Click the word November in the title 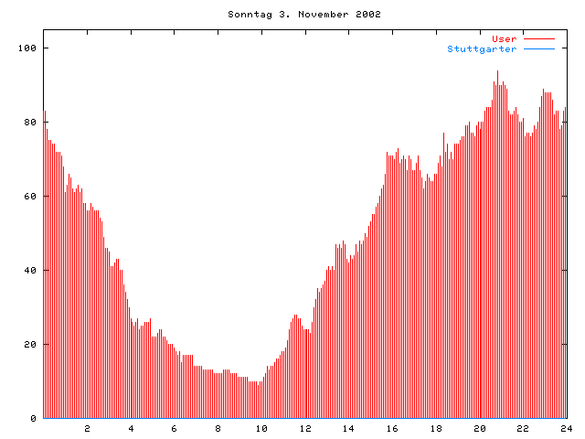316,15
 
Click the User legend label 505,38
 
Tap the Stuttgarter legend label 482,48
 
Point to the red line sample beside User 539,38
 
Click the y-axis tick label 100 27,48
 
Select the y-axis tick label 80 30,122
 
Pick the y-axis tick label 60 30,196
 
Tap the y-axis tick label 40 30,270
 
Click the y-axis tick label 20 30,344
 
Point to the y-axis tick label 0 34,418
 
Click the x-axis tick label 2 88,428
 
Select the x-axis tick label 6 175,428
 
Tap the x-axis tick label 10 261,428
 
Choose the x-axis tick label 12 305,428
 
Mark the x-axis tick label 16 392,428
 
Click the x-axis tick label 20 479,428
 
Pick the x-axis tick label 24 566,428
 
